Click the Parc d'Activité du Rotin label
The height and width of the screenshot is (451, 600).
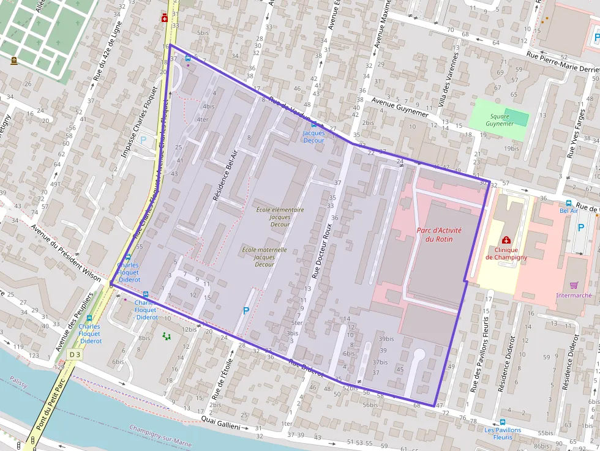tap(439, 234)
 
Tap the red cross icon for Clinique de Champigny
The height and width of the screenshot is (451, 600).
tap(506, 240)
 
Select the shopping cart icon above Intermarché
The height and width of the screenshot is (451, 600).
tap(574, 285)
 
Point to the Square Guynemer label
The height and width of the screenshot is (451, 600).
tap(500, 120)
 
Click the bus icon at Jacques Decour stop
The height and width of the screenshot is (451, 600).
tap(314, 124)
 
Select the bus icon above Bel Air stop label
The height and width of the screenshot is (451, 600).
tap(569, 203)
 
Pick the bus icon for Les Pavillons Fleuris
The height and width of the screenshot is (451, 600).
tap(503, 422)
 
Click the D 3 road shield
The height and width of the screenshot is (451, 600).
tap(75, 354)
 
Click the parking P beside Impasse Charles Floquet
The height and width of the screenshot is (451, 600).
tap(144, 140)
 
